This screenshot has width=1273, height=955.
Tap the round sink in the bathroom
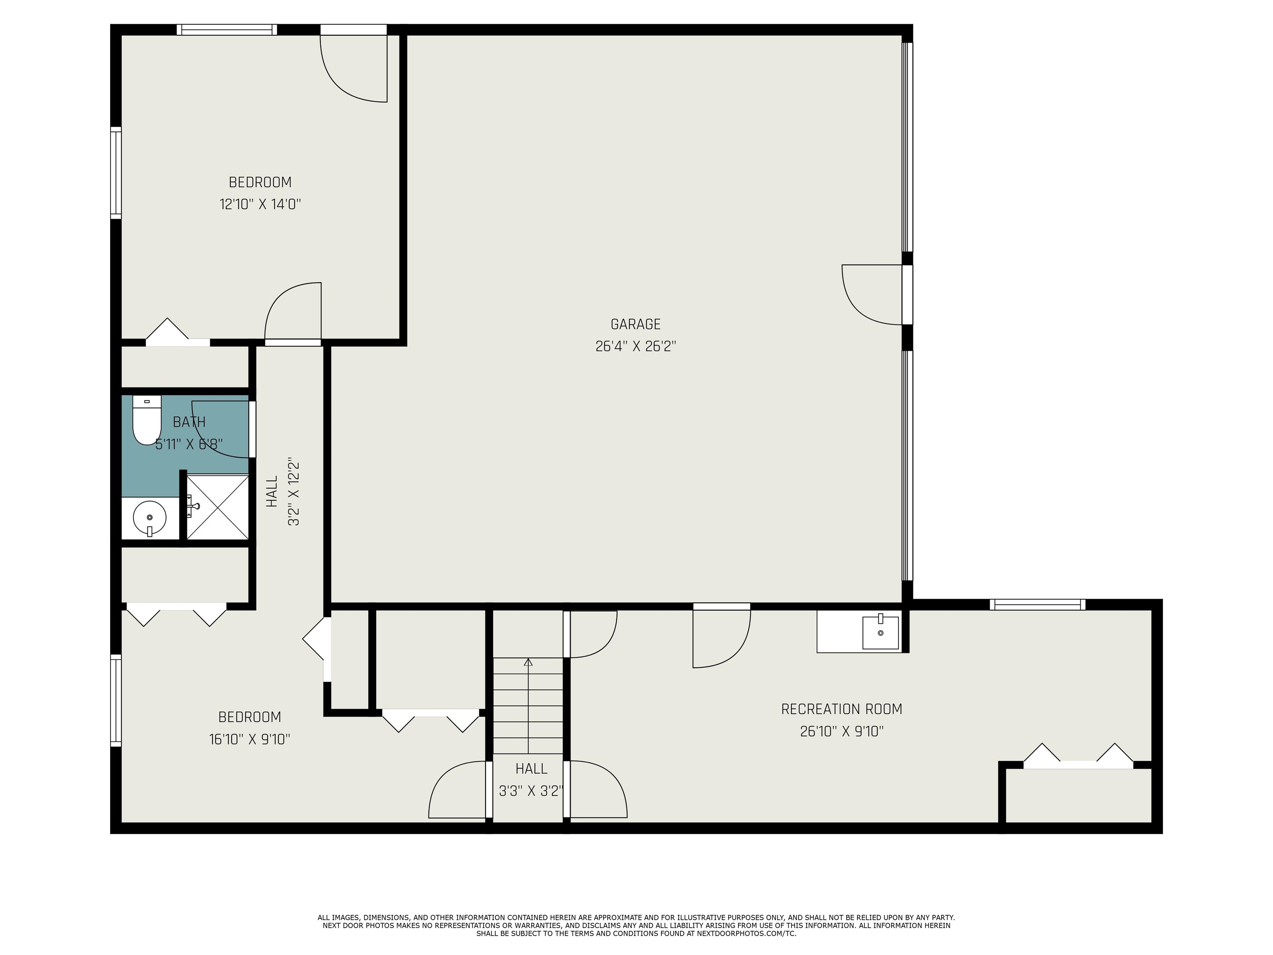pos(150,518)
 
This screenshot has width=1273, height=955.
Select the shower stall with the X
pos(218,507)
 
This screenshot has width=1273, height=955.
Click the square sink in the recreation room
pos(881,632)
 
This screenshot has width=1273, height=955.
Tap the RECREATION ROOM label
pos(841,709)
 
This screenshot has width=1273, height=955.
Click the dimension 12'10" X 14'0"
pos(260,204)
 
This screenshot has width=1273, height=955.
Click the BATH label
pos(189,422)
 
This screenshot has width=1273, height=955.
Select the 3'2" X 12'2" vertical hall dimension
pos(293,493)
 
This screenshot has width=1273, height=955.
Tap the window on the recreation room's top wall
pos(1038,604)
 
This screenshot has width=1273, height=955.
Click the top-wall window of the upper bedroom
pos(227,30)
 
